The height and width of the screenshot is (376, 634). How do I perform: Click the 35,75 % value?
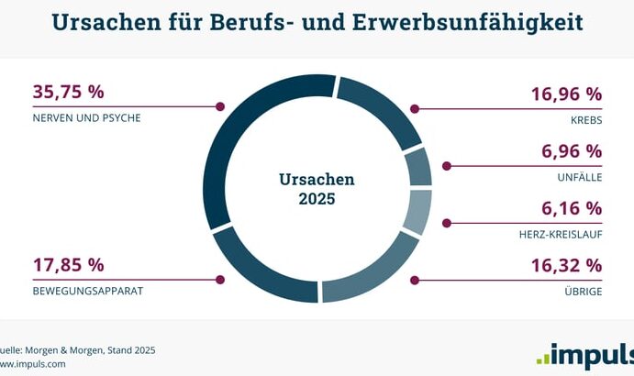coord(68,93)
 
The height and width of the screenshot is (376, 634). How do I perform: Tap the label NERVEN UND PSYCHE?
coord(86,118)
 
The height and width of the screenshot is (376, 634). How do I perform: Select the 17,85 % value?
coord(68,266)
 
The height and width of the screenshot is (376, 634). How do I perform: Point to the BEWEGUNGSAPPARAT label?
coord(88,292)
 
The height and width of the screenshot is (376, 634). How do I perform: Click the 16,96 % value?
coord(566,94)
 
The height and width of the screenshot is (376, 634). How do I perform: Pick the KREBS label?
coord(584,120)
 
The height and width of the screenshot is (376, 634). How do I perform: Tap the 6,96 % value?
coord(572,151)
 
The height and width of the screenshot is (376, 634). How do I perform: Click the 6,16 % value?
coord(572,208)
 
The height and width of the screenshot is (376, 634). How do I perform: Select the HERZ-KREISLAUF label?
coord(559,235)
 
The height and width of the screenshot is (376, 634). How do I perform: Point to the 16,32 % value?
coord(566,266)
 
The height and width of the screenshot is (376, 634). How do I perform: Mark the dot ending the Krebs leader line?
coord(415,108)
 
